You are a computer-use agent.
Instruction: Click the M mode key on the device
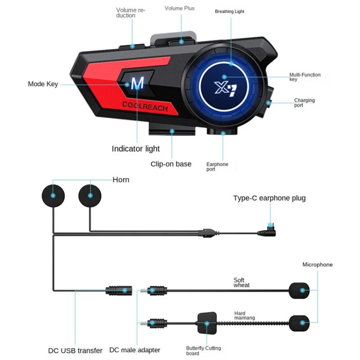[137, 84]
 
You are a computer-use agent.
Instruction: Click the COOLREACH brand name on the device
[144, 107]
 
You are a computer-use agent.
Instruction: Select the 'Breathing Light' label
[229, 11]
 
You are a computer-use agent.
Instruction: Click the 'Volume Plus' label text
[180, 9]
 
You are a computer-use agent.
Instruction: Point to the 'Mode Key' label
[43, 84]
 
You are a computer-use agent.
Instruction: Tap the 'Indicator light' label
[136, 149]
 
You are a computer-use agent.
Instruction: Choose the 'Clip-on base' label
[171, 164]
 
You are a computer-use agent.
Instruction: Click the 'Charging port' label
[304, 103]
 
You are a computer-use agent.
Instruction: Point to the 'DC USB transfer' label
[75, 350]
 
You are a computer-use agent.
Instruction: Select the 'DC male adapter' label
[135, 350]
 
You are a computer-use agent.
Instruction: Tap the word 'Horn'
[121, 180]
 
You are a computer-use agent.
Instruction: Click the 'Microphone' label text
[317, 265]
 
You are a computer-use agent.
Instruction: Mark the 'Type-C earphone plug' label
[269, 198]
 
